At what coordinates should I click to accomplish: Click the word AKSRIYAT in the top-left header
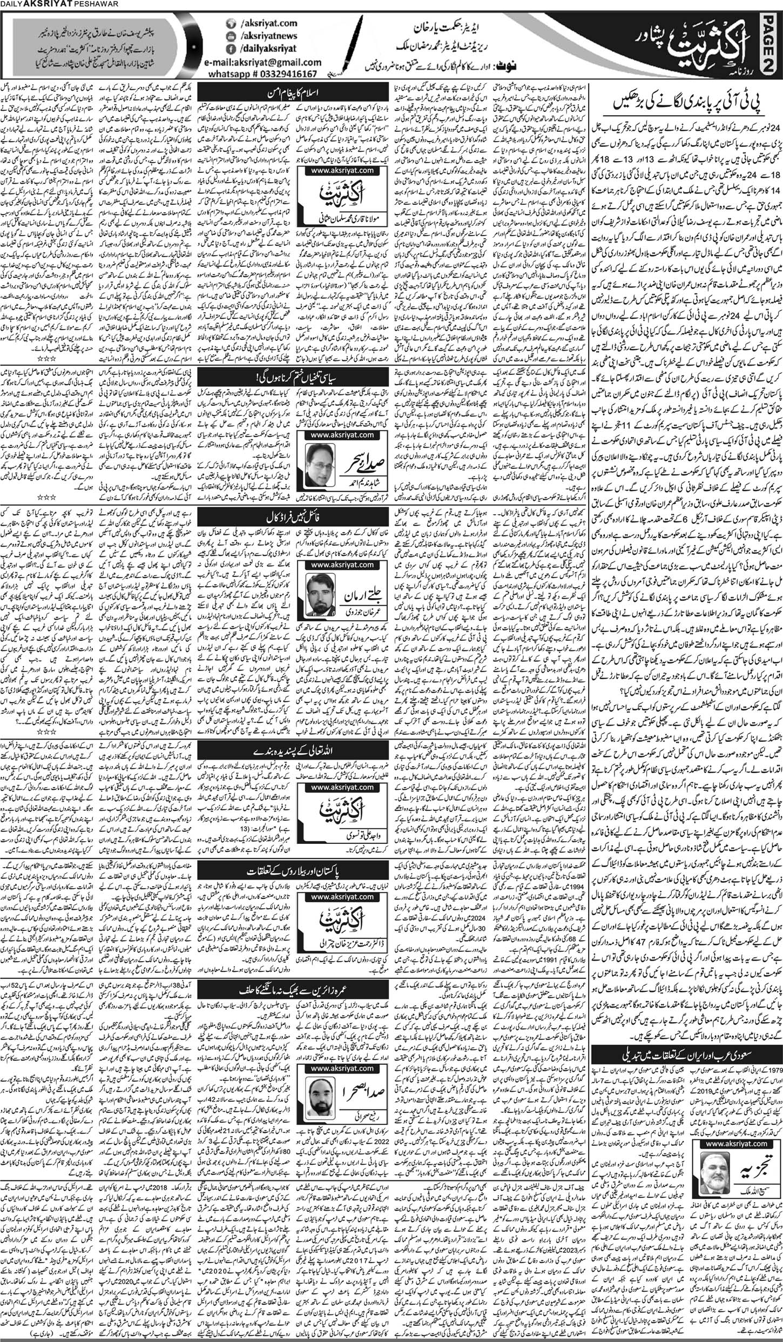pos(43,5)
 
